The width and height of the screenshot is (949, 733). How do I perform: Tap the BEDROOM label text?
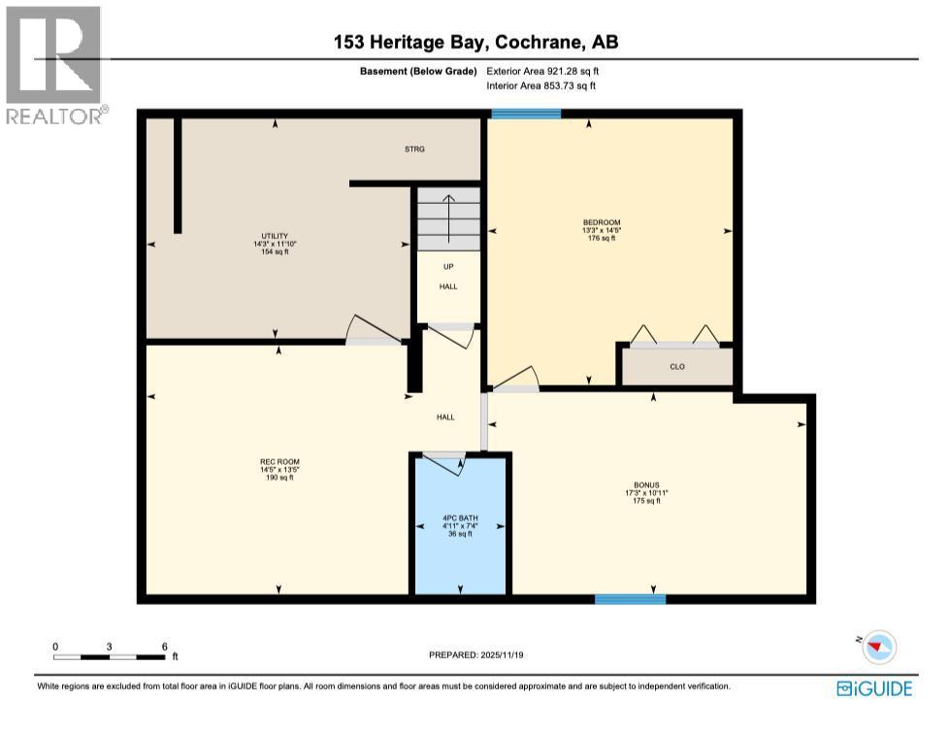[x=602, y=222]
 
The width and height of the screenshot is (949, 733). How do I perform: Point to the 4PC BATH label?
[x=459, y=517]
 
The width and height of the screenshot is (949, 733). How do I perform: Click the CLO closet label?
[x=677, y=368]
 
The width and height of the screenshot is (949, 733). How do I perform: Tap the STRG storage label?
[x=415, y=150]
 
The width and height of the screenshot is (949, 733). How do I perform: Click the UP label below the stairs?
[x=447, y=267]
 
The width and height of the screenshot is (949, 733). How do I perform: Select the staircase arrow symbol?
[x=448, y=210]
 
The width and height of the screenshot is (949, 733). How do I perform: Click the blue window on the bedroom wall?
[x=526, y=115]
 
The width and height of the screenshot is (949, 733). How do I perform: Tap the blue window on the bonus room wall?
[x=630, y=599]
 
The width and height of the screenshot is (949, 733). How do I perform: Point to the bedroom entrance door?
[x=515, y=380]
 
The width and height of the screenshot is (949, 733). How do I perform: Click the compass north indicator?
[x=879, y=646]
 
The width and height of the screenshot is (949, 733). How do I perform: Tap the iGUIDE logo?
[x=873, y=688]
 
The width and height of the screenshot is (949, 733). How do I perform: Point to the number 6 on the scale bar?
[x=165, y=647]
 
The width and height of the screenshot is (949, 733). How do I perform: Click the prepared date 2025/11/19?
[x=475, y=655]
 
